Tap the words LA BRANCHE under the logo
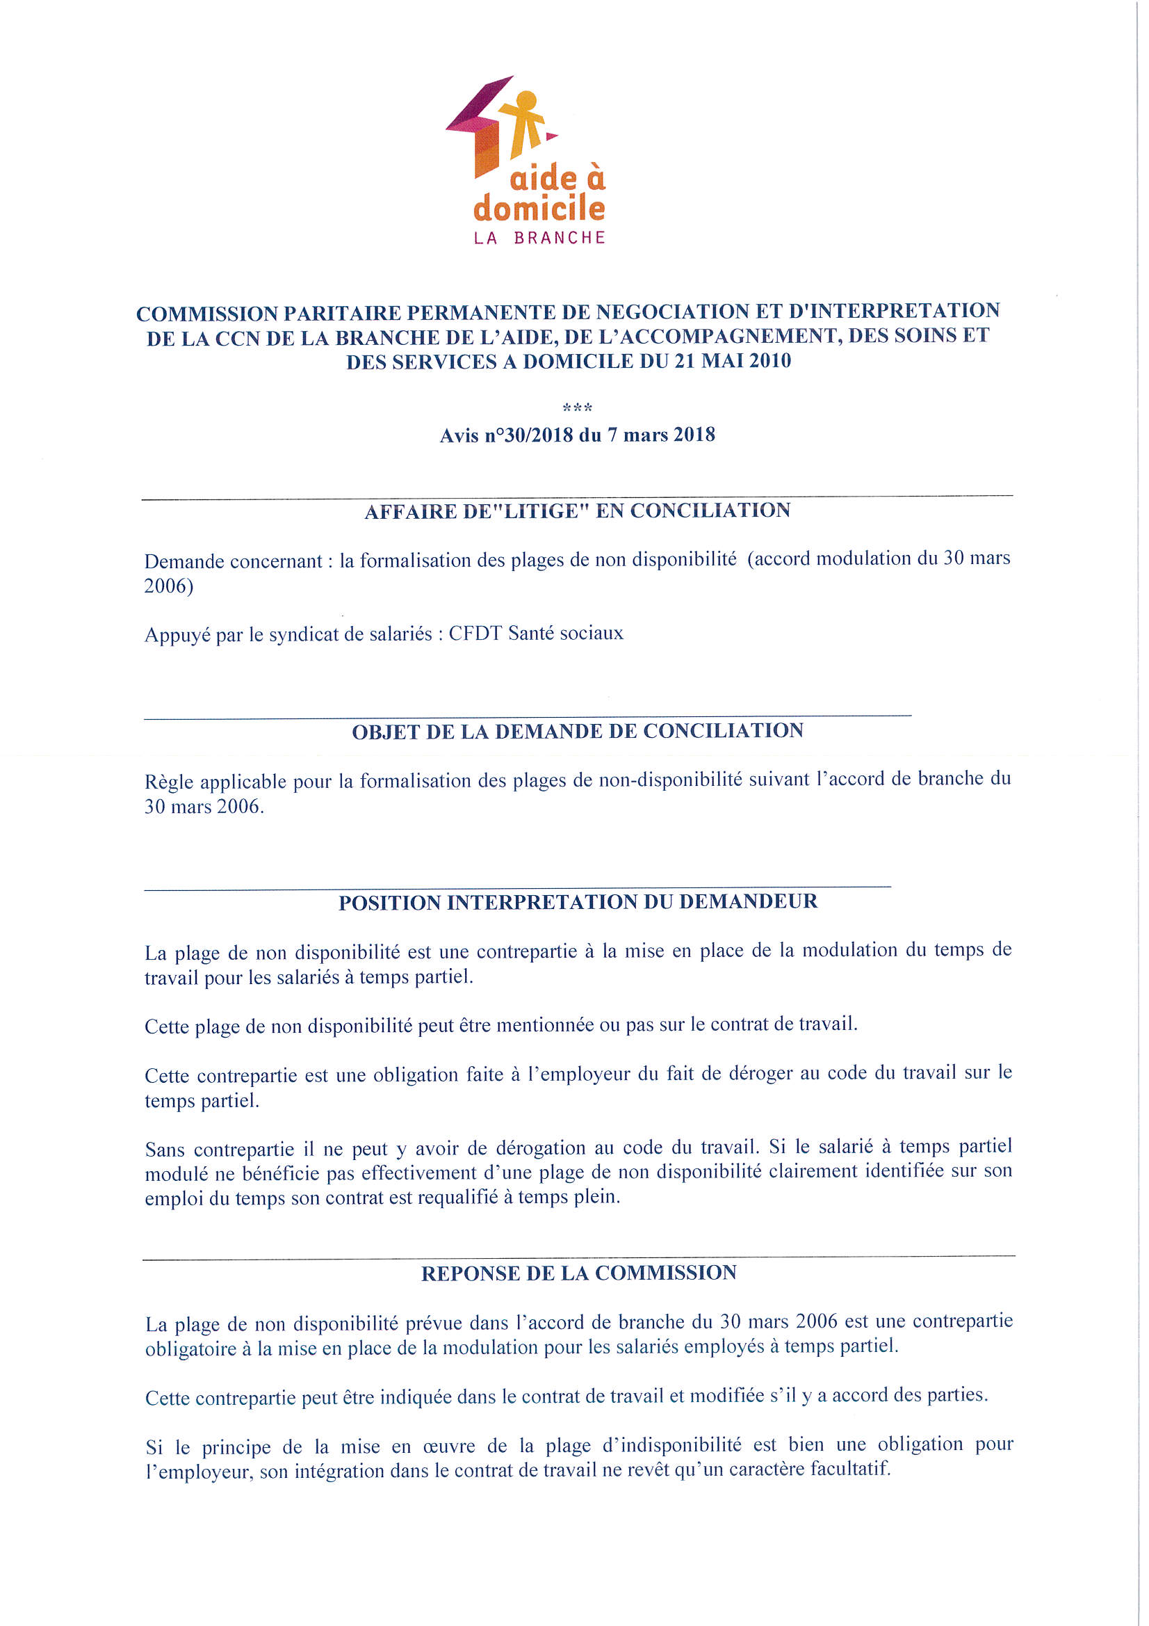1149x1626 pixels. coord(539,238)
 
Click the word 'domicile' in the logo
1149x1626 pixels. coord(539,208)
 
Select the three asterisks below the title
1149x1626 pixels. coord(577,408)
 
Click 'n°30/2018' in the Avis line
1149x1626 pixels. coord(529,435)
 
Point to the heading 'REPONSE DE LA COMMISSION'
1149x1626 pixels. coord(578,1273)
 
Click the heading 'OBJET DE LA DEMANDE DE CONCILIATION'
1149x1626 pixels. coord(578,731)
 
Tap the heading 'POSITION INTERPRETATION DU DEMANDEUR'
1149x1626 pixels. coord(578,902)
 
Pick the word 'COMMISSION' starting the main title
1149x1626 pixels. coord(206,313)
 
